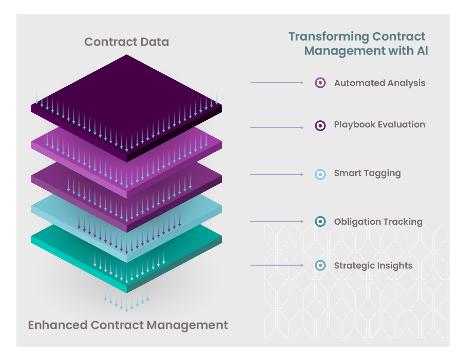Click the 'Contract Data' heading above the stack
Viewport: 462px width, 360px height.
126,42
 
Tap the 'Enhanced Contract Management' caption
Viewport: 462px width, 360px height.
128,325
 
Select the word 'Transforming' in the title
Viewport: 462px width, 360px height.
328,36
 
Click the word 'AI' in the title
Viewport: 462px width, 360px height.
422,51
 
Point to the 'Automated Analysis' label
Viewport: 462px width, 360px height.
379,83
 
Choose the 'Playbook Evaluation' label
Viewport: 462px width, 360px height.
379,125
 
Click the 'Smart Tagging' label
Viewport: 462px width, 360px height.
367,173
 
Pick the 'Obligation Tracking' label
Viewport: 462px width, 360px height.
378,222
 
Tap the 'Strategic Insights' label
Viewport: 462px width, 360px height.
373,265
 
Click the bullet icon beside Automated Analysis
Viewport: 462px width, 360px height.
320,83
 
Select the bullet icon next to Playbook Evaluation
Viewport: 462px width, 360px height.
320,126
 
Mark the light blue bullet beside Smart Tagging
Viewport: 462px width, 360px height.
320,174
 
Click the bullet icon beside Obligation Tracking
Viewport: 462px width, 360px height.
320,221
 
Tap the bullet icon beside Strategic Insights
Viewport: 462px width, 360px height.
320,265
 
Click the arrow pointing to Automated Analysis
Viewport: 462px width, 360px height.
277,83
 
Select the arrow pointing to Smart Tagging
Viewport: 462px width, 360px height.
277,174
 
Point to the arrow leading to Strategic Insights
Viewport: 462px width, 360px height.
277,265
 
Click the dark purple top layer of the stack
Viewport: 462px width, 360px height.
127,99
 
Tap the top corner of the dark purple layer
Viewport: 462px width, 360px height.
127,56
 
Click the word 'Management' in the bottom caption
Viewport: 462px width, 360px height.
188,325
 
